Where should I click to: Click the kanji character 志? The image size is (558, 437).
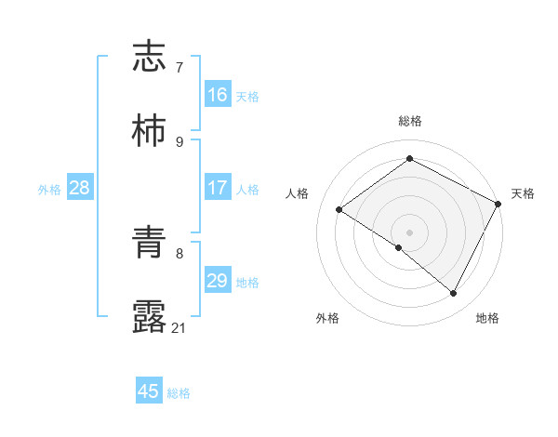tap(150, 57)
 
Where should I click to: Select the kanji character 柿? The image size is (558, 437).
tap(150, 131)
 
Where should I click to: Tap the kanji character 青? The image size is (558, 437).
tap(150, 243)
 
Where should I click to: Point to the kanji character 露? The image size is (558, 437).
tap(150, 317)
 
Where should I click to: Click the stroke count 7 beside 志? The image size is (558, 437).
tap(179, 68)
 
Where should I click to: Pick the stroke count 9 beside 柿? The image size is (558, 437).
tap(179, 142)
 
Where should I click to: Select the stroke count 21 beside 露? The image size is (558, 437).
tap(179, 328)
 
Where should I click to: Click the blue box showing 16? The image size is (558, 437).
tap(217, 95)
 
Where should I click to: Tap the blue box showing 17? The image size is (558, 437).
tap(217, 188)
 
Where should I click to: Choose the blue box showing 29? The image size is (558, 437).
tap(217, 281)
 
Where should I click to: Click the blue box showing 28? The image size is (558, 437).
tap(79, 188)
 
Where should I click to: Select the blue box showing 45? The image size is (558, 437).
tap(149, 391)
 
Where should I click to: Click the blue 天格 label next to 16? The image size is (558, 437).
tap(247, 97)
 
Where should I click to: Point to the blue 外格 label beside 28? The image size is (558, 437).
tap(49, 190)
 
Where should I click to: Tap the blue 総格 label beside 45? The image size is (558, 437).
tap(179, 393)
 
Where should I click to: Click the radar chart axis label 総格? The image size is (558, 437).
tap(409, 121)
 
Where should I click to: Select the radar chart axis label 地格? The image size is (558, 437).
tap(487, 319)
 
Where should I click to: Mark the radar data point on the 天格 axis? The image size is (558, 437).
tap(498, 204)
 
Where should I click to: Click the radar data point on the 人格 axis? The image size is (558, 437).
tap(339, 210)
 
